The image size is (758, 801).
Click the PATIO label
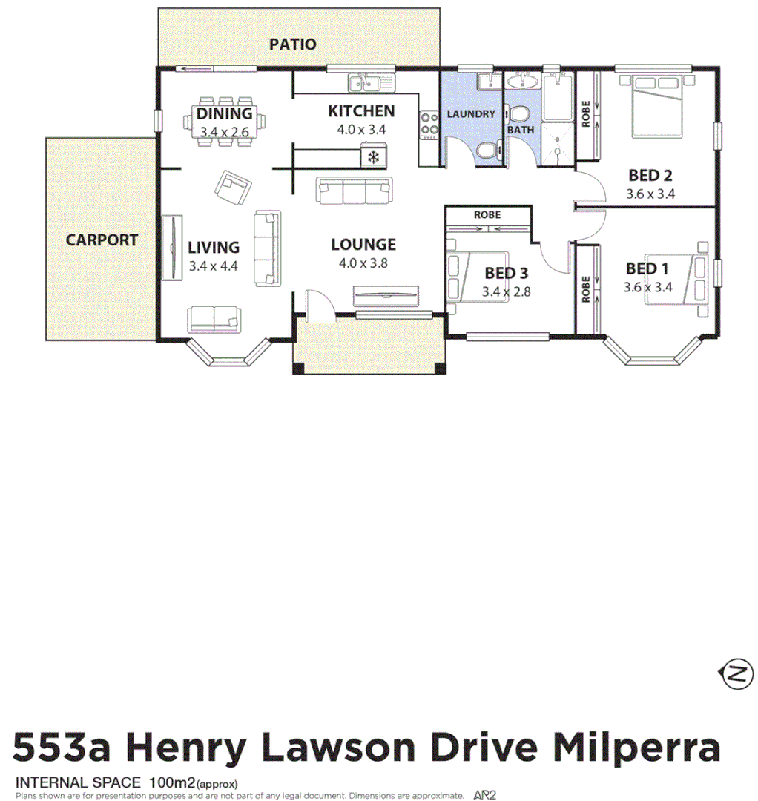[x=292, y=44]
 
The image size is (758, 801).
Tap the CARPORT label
[x=102, y=240]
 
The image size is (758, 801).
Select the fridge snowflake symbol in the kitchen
[x=374, y=157]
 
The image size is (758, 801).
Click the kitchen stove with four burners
[x=429, y=125]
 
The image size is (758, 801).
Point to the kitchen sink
[x=365, y=82]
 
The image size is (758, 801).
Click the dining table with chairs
[x=225, y=122]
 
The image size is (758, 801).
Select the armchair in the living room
[x=232, y=187]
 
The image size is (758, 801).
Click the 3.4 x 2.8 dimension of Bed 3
[x=507, y=292]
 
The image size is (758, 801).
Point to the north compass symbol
[x=736, y=674]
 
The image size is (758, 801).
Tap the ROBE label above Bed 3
[x=487, y=215]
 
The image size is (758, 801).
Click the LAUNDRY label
[x=470, y=114]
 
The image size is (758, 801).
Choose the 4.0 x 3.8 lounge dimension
[x=363, y=263]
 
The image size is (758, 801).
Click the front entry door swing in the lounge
[x=317, y=304]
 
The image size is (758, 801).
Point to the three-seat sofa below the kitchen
[x=354, y=191]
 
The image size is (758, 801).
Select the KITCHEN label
[x=361, y=112]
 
